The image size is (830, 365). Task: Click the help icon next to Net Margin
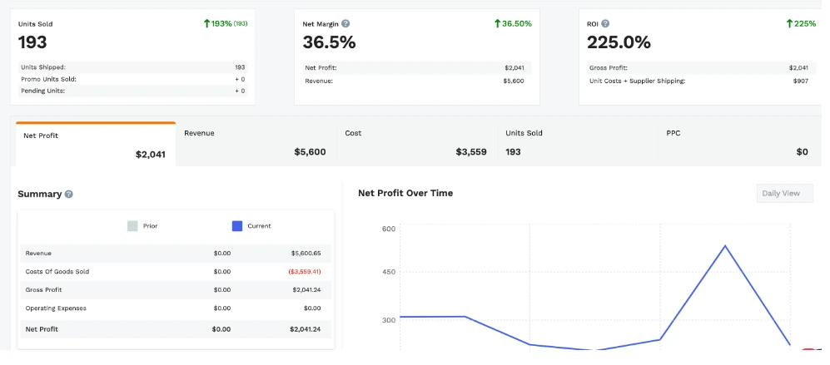[x=345, y=24]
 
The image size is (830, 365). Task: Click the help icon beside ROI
[x=605, y=24]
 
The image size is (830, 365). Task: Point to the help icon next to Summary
[x=69, y=194]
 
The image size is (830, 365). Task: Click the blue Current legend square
[x=236, y=225]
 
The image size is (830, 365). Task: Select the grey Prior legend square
[x=132, y=225]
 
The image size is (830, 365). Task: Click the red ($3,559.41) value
[x=305, y=272]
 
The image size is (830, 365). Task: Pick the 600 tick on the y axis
[x=389, y=229]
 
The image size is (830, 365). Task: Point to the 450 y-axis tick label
[x=389, y=272]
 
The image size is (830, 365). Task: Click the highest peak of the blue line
[x=725, y=246]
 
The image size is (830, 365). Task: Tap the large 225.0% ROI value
[x=619, y=42]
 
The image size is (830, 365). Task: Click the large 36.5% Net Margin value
[x=329, y=42]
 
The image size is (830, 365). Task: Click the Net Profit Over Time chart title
[x=405, y=193]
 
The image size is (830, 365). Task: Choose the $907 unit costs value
[x=800, y=81]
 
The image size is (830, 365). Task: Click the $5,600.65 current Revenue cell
[x=306, y=253]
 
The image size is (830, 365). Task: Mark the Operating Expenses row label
[x=56, y=308]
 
